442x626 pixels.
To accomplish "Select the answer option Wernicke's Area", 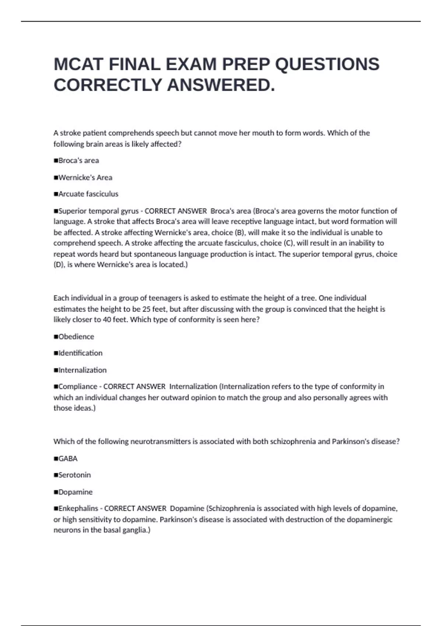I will [x=85, y=177].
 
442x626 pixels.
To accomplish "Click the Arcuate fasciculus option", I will [x=88, y=194].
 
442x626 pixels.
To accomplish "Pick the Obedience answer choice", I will [x=76, y=337].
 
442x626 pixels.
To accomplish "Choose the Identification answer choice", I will [x=80, y=353].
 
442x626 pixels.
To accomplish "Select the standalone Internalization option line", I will [x=82, y=370].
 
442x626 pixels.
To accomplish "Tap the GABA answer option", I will [x=68, y=458].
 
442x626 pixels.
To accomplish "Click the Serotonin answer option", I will [x=74, y=475].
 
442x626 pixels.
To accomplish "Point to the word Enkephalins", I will [x=78, y=508].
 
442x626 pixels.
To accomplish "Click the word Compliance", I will [x=78, y=386].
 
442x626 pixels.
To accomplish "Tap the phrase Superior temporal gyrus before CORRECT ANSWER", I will [x=98, y=211].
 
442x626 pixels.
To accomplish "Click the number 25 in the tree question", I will [x=146, y=309].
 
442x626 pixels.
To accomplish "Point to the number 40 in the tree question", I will [x=107, y=319].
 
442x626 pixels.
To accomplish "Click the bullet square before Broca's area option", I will [x=56, y=161].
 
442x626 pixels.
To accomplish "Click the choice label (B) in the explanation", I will [x=239, y=232].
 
